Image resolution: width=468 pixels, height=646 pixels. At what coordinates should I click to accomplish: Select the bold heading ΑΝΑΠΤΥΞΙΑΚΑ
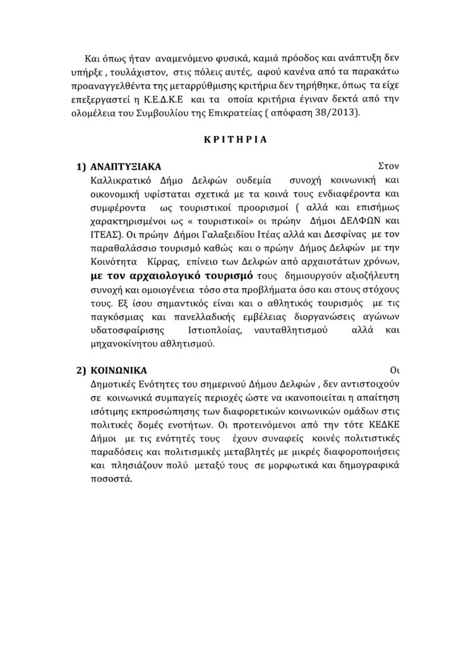[125, 167]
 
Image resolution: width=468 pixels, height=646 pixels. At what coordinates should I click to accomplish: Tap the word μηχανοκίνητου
[120, 344]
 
